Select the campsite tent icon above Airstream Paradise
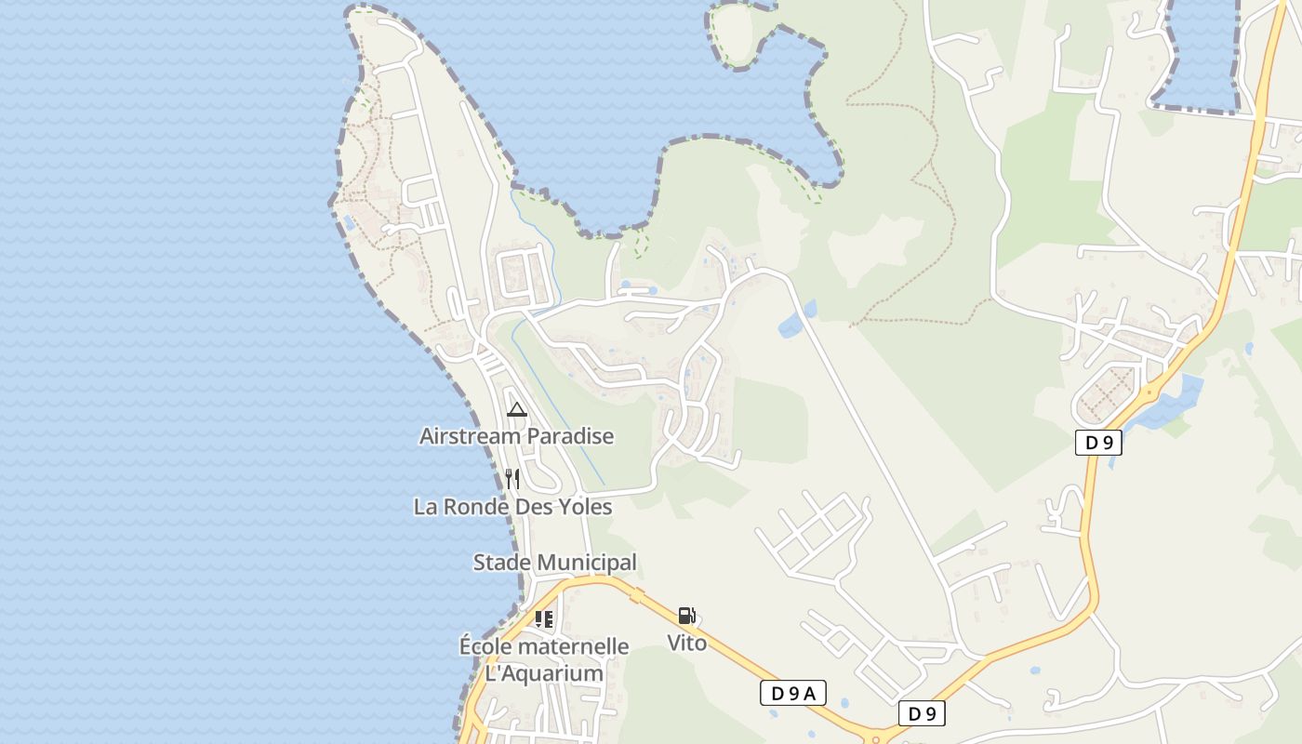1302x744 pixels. tap(517, 409)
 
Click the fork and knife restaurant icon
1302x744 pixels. tap(512, 479)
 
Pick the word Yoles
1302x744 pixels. tap(585, 507)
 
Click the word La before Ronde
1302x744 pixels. tap(425, 507)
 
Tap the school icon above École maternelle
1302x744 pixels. tap(544, 618)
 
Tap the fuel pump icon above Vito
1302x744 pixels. tap(686, 616)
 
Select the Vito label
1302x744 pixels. tap(686, 643)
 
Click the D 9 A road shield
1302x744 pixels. tap(792, 693)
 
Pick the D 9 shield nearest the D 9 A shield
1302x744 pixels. tap(922, 713)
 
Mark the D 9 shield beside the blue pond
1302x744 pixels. tap(1098, 443)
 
